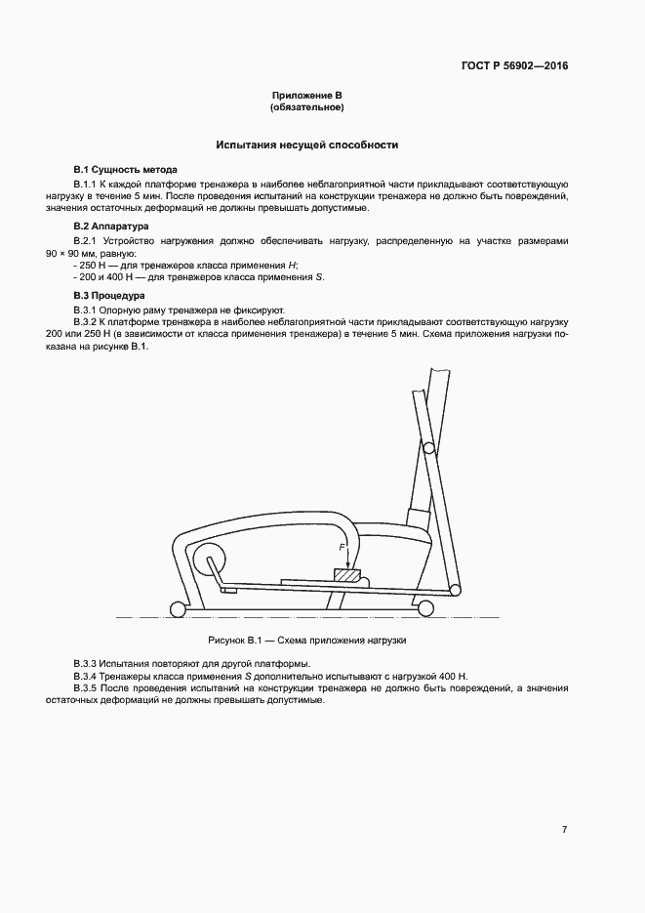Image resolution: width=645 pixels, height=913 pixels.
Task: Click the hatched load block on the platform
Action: (346, 576)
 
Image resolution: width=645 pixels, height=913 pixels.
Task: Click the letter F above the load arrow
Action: (341, 547)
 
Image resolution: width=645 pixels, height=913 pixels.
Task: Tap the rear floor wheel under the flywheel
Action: (177, 609)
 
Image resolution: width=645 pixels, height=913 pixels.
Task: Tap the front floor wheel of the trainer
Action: (425, 608)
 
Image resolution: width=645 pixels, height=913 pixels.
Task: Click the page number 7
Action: (564, 830)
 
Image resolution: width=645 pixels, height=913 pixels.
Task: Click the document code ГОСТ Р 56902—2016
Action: (514, 66)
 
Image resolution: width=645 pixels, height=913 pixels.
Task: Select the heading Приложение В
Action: (307, 95)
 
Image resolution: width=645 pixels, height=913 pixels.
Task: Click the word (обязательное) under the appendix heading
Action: (307, 106)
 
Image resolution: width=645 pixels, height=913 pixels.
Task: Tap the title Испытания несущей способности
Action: (307, 145)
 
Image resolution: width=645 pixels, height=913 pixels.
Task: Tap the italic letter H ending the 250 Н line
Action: (295, 266)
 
